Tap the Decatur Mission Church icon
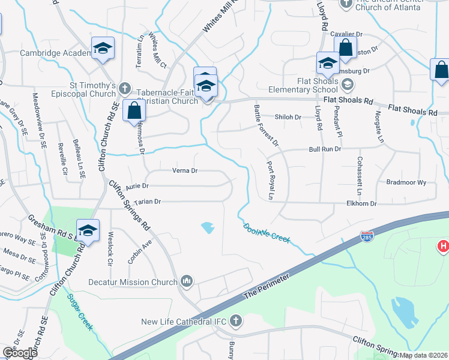click(x=187, y=281)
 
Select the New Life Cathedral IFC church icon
click(x=235, y=322)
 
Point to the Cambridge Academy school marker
click(x=103, y=49)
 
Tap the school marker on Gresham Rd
click(x=88, y=232)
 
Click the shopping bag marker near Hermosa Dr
click(x=133, y=111)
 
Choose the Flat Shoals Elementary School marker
click(x=328, y=62)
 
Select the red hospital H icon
click(x=443, y=246)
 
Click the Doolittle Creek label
click(x=267, y=233)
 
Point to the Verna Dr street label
click(x=185, y=171)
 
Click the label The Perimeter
click(x=268, y=287)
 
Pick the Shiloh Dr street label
click(x=287, y=117)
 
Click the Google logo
click(x=20, y=353)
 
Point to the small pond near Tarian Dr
click(x=207, y=227)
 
